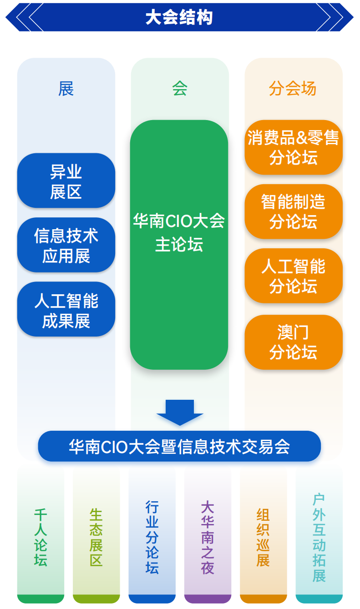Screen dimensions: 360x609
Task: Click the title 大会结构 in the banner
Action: tap(179, 17)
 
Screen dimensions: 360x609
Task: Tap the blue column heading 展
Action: tap(66, 89)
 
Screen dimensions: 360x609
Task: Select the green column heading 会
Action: tap(180, 89)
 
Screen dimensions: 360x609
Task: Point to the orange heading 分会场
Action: tap(293, 89)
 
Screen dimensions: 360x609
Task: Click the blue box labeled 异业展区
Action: tap(66, 181)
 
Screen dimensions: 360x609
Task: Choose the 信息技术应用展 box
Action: tap(66, 245)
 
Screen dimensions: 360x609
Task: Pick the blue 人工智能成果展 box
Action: tap(66, 309)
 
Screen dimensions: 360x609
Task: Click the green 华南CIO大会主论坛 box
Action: tap(179, 245)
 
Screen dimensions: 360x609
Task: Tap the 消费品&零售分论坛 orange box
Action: tap(294, 147)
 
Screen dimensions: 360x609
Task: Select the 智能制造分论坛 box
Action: tap(294, 211)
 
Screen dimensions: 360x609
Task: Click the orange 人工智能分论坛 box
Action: tap(294, 276)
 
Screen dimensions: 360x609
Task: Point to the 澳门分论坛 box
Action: tap(294, 342)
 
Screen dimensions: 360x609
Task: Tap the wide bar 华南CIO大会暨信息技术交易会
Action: tap(179, 446)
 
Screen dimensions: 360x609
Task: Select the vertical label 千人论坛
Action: tap(41, 537)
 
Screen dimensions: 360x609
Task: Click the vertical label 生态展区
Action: tap(96, 537)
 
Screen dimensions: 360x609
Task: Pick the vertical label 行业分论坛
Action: tap(152, 537)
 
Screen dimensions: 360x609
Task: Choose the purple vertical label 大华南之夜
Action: tap(208, 537)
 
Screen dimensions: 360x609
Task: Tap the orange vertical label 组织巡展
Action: tap(263, 537)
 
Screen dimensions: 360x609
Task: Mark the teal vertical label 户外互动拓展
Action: tap(319, 537)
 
